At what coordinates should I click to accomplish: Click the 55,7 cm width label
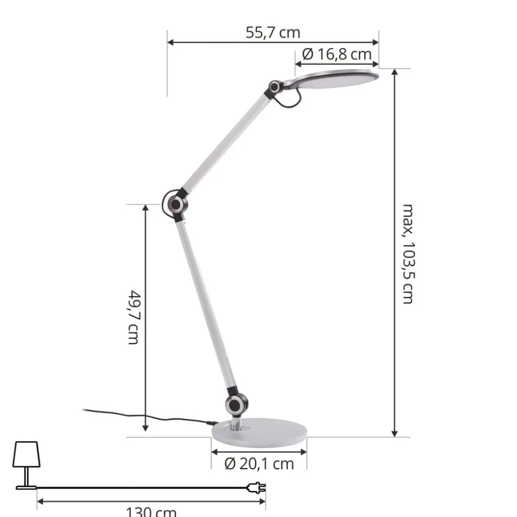pyautogui.click(x=273, y=32)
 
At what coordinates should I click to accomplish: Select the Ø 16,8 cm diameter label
pyautogui.click(x=336, y=54)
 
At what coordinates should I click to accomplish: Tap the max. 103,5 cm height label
pyautogui.click(x=407, y=253)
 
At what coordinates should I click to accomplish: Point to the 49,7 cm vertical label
pyautogui.click(x=133, y=317)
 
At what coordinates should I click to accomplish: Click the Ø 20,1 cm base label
pyautogui.click(x=259, y=464)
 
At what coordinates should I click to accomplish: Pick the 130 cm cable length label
pyautogui.click(x=151, y=512)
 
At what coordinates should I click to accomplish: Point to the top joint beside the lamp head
pyautogui.click(x=275, y=87)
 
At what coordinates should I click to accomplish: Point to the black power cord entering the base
pyautogui.click(x=149, y=417)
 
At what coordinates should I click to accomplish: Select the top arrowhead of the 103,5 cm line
pyautogui.click(x=394, y=73)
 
